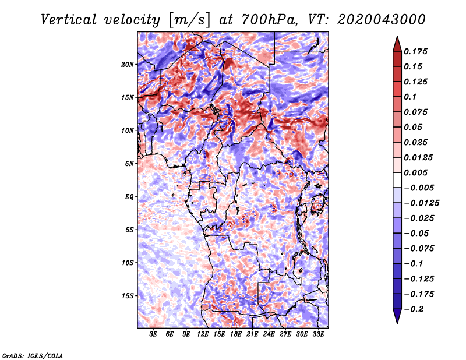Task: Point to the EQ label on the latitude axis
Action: pos(129,197)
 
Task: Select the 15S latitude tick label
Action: pos(128,296)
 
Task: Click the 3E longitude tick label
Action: pos(154,335)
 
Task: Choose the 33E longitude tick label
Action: pos(318,335)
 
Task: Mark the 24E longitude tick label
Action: pos(269,335)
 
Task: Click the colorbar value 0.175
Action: pos(417,51)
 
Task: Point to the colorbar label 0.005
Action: pos(417,172)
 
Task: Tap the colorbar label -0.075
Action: pos(419,248)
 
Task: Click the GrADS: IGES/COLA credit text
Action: pos(33,355)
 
